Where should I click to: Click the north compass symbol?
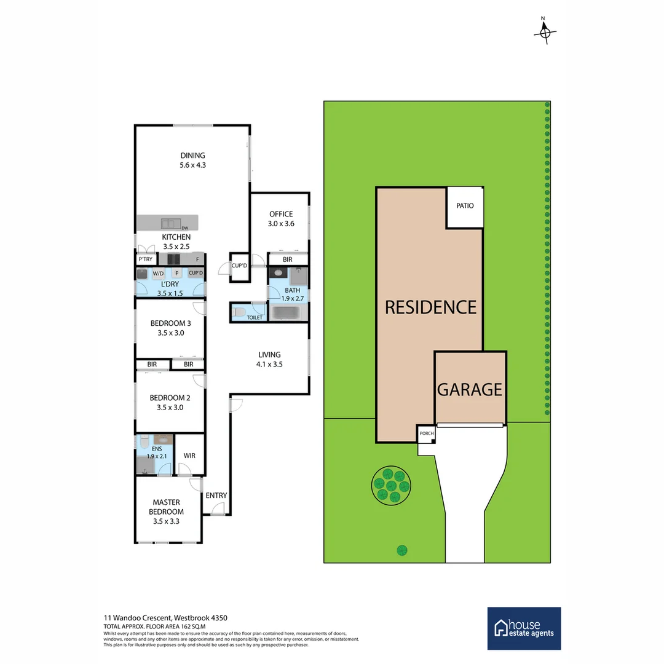pos(545,32)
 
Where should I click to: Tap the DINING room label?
pos(192,156)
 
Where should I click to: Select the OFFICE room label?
pos(281,214)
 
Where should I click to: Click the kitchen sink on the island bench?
pos(168,223)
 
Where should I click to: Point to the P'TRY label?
pos(146,259)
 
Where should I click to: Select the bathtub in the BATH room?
pos(285,312)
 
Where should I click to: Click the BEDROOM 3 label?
pos(167,323)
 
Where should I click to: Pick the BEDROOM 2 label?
pos(167,397)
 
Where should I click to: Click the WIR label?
pos(189,456)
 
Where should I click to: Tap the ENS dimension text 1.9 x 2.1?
pos(156,456)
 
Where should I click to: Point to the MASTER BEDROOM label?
pos(167,507)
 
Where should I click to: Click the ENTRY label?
pos(216,496)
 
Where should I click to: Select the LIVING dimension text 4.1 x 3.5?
pos(269,364)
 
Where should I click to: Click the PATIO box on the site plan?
pos(465,206)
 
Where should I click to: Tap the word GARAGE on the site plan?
pos(470,389)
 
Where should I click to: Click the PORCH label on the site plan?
pos(426,433)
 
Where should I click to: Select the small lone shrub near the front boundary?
pos(401,550)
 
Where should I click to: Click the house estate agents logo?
pos(524,628)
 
